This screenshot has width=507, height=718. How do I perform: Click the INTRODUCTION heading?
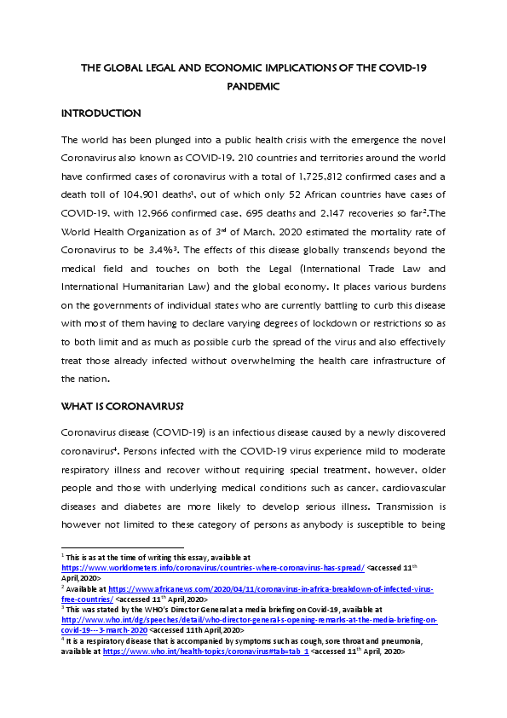pyautogui.click(x=101, y=113)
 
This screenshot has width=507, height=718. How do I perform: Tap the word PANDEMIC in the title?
pyautogui.click(x=253, y=86)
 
